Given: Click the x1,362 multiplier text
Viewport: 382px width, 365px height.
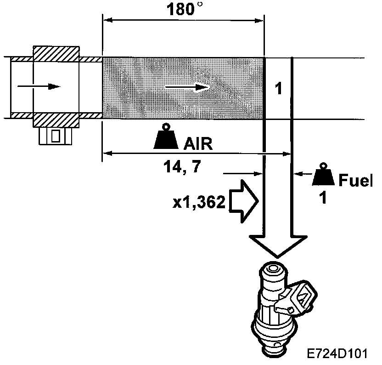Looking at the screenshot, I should (x=198, y=203).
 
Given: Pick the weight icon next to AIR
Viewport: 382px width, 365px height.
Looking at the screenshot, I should (x=166, y=137).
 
